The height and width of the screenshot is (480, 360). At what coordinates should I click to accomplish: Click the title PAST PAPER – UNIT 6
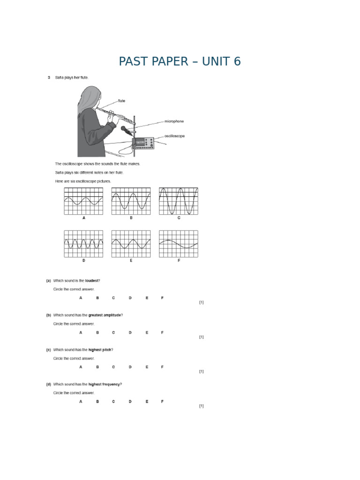180,61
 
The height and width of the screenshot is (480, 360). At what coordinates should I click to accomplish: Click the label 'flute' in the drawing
121,101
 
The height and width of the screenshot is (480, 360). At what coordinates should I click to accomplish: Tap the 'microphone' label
173,121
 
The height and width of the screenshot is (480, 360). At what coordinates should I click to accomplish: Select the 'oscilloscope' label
174,136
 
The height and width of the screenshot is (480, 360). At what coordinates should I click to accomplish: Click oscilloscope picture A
83,201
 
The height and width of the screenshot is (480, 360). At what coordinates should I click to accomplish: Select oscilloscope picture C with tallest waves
178,201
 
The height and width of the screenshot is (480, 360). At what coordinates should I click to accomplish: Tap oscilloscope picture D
83,244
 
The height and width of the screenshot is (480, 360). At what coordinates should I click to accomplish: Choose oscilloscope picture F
178,244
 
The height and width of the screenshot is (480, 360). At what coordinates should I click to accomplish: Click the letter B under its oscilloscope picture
131,218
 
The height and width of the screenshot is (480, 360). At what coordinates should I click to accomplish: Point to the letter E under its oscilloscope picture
131,261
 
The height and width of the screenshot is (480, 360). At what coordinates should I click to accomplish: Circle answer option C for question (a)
113,298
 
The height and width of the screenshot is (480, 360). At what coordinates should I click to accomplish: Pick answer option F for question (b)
162,332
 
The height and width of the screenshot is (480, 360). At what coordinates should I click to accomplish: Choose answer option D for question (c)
130,367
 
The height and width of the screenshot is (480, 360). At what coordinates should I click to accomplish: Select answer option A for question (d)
81,402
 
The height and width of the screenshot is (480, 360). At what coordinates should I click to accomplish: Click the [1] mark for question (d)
201,406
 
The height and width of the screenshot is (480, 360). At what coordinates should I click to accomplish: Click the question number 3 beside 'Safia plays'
48,77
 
